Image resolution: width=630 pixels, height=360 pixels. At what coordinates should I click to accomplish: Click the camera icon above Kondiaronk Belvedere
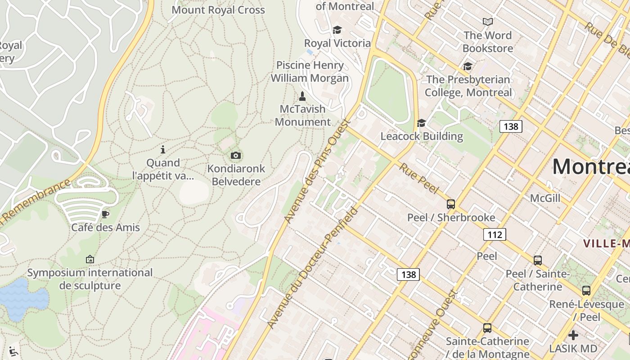pos(235,156)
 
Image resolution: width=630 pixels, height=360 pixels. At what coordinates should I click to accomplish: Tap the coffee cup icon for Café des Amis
pos(105,214)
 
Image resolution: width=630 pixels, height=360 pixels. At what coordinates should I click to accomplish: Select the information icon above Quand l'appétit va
pos(163,149)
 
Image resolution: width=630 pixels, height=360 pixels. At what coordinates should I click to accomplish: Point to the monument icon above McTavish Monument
pos(302,96)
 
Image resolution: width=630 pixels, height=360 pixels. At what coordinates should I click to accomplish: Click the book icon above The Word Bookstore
pos(488,22)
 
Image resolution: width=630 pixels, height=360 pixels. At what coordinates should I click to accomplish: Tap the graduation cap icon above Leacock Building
pos(421,123)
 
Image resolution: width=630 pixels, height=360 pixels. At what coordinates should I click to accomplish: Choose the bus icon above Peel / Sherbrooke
pos(451,204)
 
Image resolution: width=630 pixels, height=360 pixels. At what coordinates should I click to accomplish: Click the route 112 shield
pos(495,234)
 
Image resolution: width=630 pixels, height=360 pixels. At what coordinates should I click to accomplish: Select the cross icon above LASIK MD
pos(573,335)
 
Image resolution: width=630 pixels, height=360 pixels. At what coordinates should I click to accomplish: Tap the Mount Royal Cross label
pos(218,10)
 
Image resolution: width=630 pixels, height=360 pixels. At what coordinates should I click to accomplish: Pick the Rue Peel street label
pos(418,179)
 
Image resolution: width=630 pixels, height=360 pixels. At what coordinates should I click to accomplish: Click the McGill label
pos(545,198)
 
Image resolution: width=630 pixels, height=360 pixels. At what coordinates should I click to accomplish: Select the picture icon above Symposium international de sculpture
pos(90,259)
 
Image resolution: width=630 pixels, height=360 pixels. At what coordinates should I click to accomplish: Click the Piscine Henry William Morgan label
pos(310,72)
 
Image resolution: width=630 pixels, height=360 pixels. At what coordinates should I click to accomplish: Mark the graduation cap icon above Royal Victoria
pos(337,30)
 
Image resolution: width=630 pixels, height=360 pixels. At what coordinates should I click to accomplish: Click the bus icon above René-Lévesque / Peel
pos(586,291)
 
